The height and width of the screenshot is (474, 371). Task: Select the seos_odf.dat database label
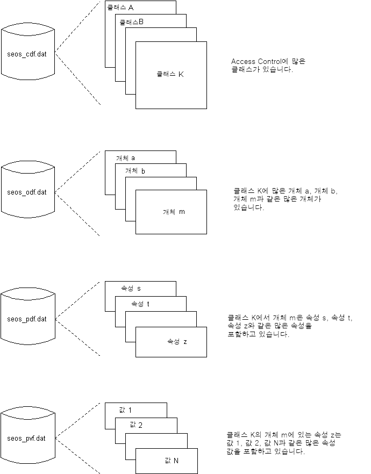pos(30,192)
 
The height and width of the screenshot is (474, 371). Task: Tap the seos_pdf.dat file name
pos(30,319)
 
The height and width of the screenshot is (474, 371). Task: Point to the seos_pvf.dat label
pos(30,438)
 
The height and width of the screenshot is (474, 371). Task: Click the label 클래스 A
pos(121,8)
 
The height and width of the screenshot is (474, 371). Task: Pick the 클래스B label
pos(131,22)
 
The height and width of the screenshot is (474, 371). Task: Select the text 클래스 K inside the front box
pos(170,74)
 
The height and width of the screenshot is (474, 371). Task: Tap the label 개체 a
pos(125,158)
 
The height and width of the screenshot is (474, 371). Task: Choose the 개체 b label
pos(135,171)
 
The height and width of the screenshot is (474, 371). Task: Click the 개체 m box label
pos(174,212)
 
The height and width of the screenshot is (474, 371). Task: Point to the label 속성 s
pos(131,289)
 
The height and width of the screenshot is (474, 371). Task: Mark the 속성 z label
pos(177,342)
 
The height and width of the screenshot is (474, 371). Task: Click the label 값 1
pos(125,411)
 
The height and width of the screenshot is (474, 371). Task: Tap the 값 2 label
pos(135,425)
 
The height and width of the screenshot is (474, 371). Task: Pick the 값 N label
pos(172,461)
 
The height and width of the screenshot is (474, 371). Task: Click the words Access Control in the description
pos(254,62)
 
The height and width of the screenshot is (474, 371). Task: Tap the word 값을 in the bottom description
pos(233,451)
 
